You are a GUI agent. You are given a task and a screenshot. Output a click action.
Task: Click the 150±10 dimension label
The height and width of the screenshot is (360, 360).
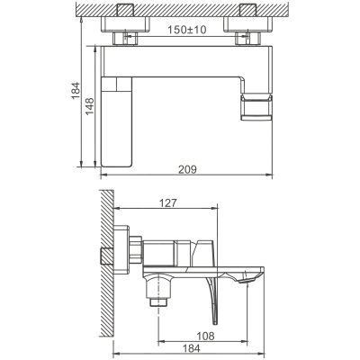186,30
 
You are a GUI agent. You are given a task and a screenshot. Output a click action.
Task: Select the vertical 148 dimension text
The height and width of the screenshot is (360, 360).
90,106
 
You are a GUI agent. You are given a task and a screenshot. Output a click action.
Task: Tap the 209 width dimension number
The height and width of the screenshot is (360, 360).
187,169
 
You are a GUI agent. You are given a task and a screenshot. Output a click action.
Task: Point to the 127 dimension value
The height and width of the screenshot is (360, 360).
167,203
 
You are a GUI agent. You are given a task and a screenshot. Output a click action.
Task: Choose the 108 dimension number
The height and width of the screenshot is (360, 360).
205,337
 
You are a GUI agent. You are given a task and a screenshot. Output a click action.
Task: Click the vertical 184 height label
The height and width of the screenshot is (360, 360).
76,91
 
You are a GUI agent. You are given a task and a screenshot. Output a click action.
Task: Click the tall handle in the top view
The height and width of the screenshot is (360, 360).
117,121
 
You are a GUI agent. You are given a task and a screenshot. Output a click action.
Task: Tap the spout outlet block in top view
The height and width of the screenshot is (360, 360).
256,107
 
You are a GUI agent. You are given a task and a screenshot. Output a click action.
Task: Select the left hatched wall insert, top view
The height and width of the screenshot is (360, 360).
126,10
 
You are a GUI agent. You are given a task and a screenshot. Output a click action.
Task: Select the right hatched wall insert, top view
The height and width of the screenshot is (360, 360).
248,10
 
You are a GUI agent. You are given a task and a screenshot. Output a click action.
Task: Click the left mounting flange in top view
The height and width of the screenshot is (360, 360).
125,24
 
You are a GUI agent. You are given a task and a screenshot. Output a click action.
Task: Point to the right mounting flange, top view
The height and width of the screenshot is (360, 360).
247,24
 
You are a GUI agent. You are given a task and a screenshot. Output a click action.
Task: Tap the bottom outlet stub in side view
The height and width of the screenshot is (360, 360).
157,302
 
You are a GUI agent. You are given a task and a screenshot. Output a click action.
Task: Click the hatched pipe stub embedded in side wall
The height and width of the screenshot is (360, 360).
106,256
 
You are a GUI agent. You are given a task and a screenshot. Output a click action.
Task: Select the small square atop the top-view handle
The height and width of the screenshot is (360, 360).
124,85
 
